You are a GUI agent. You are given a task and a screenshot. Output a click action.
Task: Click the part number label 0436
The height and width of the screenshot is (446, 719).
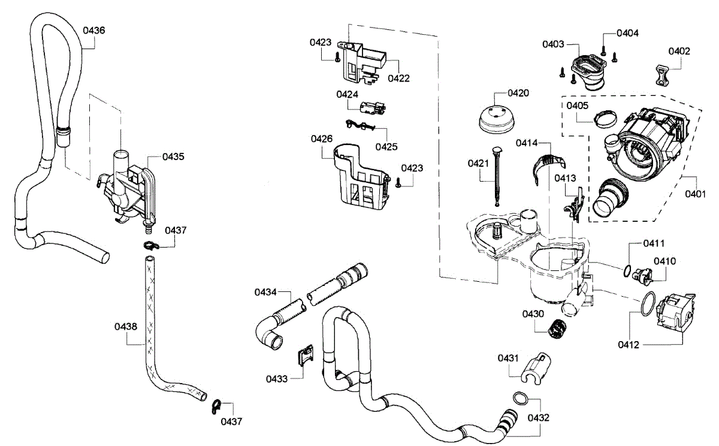(x=93, y=31)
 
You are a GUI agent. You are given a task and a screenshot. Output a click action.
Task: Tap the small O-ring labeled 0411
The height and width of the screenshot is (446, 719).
(x=627, y=271)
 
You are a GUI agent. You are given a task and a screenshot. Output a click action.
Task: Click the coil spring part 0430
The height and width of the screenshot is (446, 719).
(x=557, y=329)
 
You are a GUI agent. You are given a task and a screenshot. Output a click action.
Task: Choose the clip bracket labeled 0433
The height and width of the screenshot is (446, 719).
(x=305, y=355)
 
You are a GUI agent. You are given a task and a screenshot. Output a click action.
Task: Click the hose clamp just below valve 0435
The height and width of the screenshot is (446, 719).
(x=151, y=246)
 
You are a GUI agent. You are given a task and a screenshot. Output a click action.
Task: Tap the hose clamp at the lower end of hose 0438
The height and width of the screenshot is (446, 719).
(x=216, y=406)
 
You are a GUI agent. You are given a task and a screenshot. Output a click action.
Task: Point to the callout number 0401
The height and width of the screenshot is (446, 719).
(x=695, y=194)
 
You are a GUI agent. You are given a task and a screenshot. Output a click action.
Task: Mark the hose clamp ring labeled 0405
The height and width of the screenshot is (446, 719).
(x=605, y=119)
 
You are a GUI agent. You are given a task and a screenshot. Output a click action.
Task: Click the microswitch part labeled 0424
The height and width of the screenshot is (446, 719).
(x=373, y=108)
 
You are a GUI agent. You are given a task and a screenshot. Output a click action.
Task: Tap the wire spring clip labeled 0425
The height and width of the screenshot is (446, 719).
(x=360, y=125)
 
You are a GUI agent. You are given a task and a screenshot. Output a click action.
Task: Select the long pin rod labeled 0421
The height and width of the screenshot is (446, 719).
(x=497, y=176)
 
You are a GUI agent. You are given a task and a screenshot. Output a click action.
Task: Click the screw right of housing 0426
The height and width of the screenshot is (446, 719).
(x=398, y=183)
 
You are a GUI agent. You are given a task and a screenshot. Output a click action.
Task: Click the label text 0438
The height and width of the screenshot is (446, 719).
(x=126, y=327)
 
